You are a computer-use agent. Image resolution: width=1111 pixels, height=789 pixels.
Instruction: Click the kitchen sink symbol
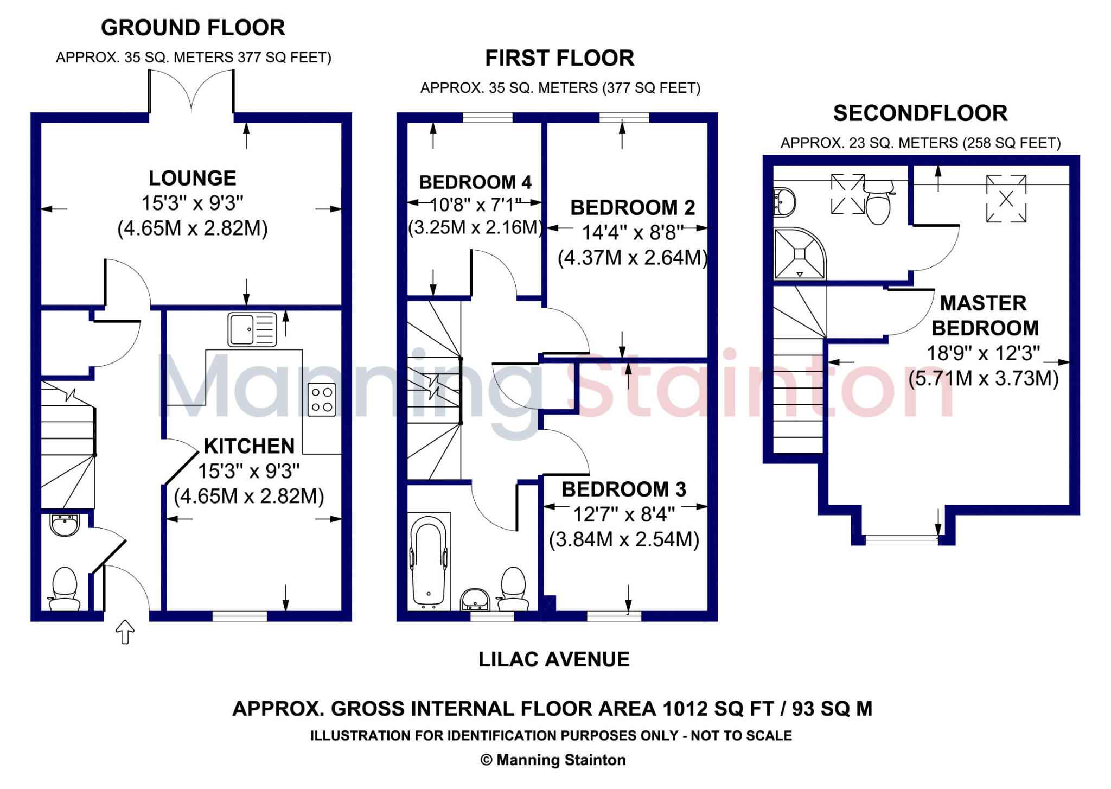click(x=252, y=329)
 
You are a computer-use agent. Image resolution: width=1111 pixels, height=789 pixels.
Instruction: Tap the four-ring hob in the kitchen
click(x=322, y=400)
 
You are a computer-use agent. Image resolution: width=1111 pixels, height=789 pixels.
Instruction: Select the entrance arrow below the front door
click(x=125, y=632)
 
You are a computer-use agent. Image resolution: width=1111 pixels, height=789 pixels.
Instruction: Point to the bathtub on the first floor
click(x=429, y=562)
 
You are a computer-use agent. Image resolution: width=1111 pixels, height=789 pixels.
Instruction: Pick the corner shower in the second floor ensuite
click(x=799, y=254)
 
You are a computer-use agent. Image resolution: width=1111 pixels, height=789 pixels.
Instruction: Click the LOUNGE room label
click(x=193, y=179)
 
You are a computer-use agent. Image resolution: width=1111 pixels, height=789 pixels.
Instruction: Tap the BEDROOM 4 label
click(x=475, y=182)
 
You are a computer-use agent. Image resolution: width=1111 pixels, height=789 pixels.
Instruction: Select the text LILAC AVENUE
click(x=554, y=659)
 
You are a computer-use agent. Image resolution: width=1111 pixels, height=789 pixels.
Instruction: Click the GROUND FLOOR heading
click(x=193, y=28)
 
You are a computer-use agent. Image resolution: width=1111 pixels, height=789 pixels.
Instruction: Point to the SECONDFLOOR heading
click(x=920, y=113)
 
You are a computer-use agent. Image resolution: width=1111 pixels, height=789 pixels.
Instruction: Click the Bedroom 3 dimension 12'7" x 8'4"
click(x=624, y=514)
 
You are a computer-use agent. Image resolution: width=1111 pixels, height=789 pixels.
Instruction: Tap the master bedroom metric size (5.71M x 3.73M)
click(x=984, y=378)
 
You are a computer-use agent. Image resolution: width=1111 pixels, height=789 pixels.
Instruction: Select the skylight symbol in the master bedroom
click(x=1006, y=199)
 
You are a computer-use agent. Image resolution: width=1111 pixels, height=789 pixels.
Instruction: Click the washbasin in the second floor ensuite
click(x=784, y=203)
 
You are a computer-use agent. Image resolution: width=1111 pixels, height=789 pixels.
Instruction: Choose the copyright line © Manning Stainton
click(x=553, y=760)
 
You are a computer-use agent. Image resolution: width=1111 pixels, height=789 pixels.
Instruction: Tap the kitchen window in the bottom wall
click(x=239, y=616)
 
